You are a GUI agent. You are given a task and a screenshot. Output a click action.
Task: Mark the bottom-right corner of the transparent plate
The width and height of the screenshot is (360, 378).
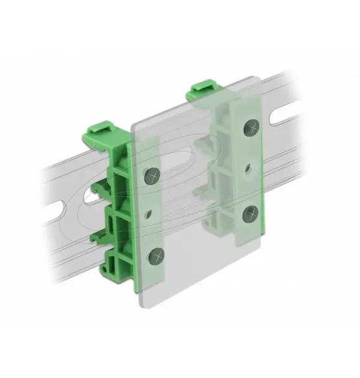[263, 278]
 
